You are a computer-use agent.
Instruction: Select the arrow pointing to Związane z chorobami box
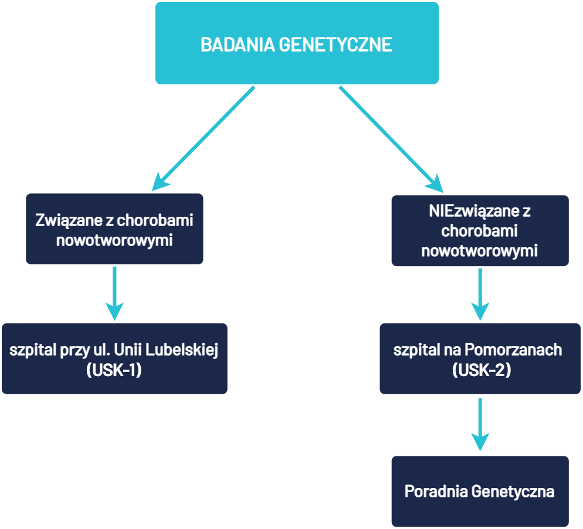[204, 139]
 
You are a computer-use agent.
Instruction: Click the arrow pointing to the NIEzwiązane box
[391, 139]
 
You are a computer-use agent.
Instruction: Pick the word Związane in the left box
[62, 221]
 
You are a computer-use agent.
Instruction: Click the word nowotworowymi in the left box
[114, 240]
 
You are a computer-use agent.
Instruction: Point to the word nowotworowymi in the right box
[480, 251]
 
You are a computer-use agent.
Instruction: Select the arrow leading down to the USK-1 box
[114, 293]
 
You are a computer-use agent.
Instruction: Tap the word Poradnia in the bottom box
[436, 491]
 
